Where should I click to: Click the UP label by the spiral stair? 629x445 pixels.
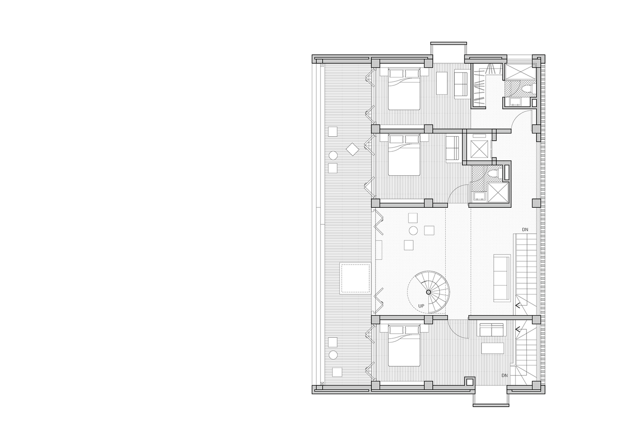(421, 306)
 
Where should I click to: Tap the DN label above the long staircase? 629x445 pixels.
(525, 230)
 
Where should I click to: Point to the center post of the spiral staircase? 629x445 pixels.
(428, 292)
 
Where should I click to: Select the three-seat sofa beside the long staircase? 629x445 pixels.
(502, 278)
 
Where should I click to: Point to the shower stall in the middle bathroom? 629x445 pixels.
(498, 192)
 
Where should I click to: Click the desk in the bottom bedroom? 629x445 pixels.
(493, 348)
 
